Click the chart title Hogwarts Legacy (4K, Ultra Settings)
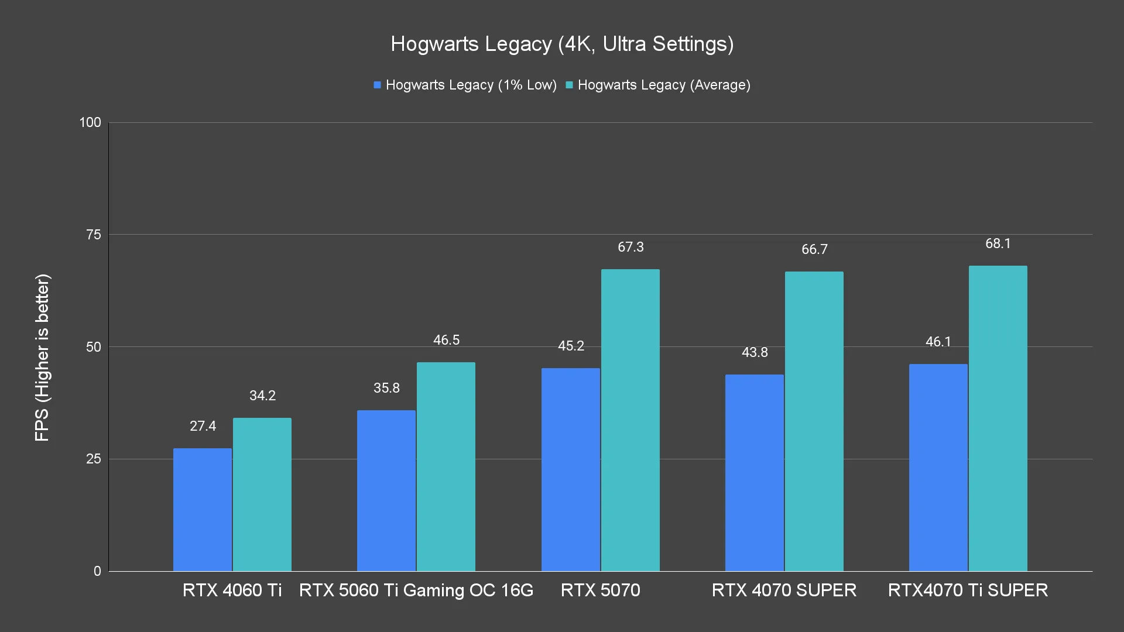pyautogui.click(x=562, y=44)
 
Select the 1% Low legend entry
pyautogui.click(x=465, y=85)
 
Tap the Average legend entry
pyautogui.click(x=658, y=85)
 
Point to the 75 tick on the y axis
pyautogui.click(x=94, y=235)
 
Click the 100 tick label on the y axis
pyautogui.click(x=90, y=122)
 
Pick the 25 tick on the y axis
pyautogui.click(x=94, y=459)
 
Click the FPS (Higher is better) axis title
pyautogui.click(x=42, y=357)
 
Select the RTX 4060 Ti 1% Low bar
pyautogui.click(x=203, y=509)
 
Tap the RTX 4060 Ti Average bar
pyautogui.click(x=262, y=494)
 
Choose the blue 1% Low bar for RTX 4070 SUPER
pyautogui.click(x=754, y=473)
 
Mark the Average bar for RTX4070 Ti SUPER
pyautogui.click(x=998, y=418)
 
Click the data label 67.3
pyautogui.click(x=630, y=247)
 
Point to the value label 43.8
pyautogui.click(x=755, y=352)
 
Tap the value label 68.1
pyautogui.click(x=998, y=243)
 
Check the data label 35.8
pyautogui.click(x=386, y=388)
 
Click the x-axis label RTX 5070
pyautogui.click(x=600, y=590)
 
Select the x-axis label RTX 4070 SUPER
pyautogui.click(x=784, y=590)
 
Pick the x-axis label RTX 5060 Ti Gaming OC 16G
pyautogui.click(x=416, y=590)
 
